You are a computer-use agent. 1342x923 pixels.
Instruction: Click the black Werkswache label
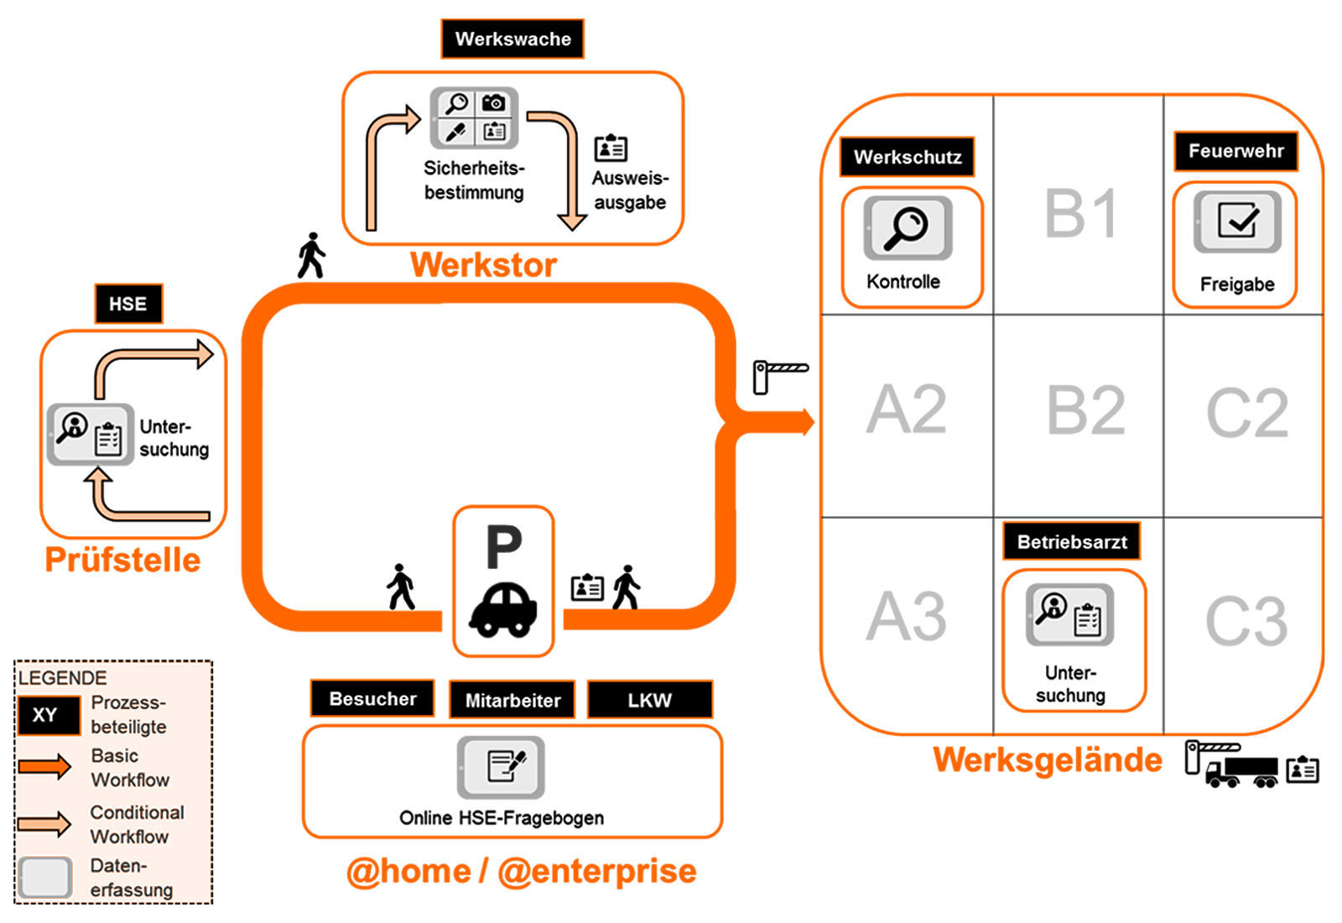click(512, 39)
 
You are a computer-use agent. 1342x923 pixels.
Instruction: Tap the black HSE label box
click(127, 304)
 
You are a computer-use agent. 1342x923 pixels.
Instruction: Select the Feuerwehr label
click(1235, 151)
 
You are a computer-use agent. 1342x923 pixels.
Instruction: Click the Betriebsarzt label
click(1072, 542)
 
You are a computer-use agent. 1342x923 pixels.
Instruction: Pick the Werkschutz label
click(908, 157)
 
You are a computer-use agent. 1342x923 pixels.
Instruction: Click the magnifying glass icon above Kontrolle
click(908, 227)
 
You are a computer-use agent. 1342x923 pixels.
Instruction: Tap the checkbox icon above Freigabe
click(1237, 222)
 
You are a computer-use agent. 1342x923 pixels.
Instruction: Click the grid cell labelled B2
click(1085, 411)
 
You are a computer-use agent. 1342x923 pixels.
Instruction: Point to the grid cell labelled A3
click(906, 617)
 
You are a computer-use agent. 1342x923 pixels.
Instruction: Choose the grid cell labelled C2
click(1246, 413)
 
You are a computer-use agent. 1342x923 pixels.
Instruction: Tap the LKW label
click(649, 700)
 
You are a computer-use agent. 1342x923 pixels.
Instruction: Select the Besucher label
click(372, 698)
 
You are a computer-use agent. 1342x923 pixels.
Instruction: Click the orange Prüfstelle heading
click(122, 560)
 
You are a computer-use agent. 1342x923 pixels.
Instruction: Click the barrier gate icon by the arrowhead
click(778, 374)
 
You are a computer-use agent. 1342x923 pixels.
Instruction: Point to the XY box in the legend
click(44, 715)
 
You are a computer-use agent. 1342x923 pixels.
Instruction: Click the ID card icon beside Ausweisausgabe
click(611, 148)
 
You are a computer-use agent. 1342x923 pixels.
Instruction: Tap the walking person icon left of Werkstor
click(311, 255)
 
